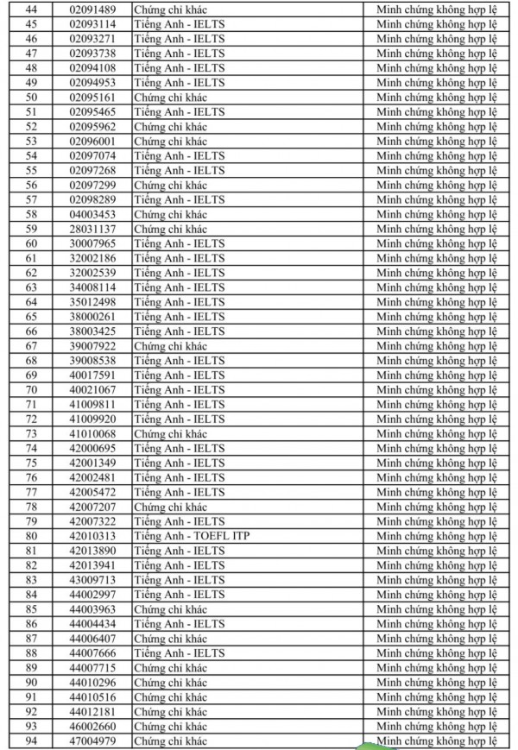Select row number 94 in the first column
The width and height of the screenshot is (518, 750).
coord(32,741)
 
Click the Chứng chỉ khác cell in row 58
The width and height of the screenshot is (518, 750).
coord(170,214)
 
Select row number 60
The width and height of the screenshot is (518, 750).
coord(32,243)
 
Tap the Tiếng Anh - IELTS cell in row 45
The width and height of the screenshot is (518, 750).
coord(179,23)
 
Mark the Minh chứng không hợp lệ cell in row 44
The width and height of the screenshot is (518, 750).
coord(438,9)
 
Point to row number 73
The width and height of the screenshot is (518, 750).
coord(32,433)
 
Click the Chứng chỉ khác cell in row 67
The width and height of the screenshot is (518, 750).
coord(170,345)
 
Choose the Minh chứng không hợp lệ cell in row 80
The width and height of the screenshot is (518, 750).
coord(438,536)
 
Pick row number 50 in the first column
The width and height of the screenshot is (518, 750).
coord(32,97)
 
